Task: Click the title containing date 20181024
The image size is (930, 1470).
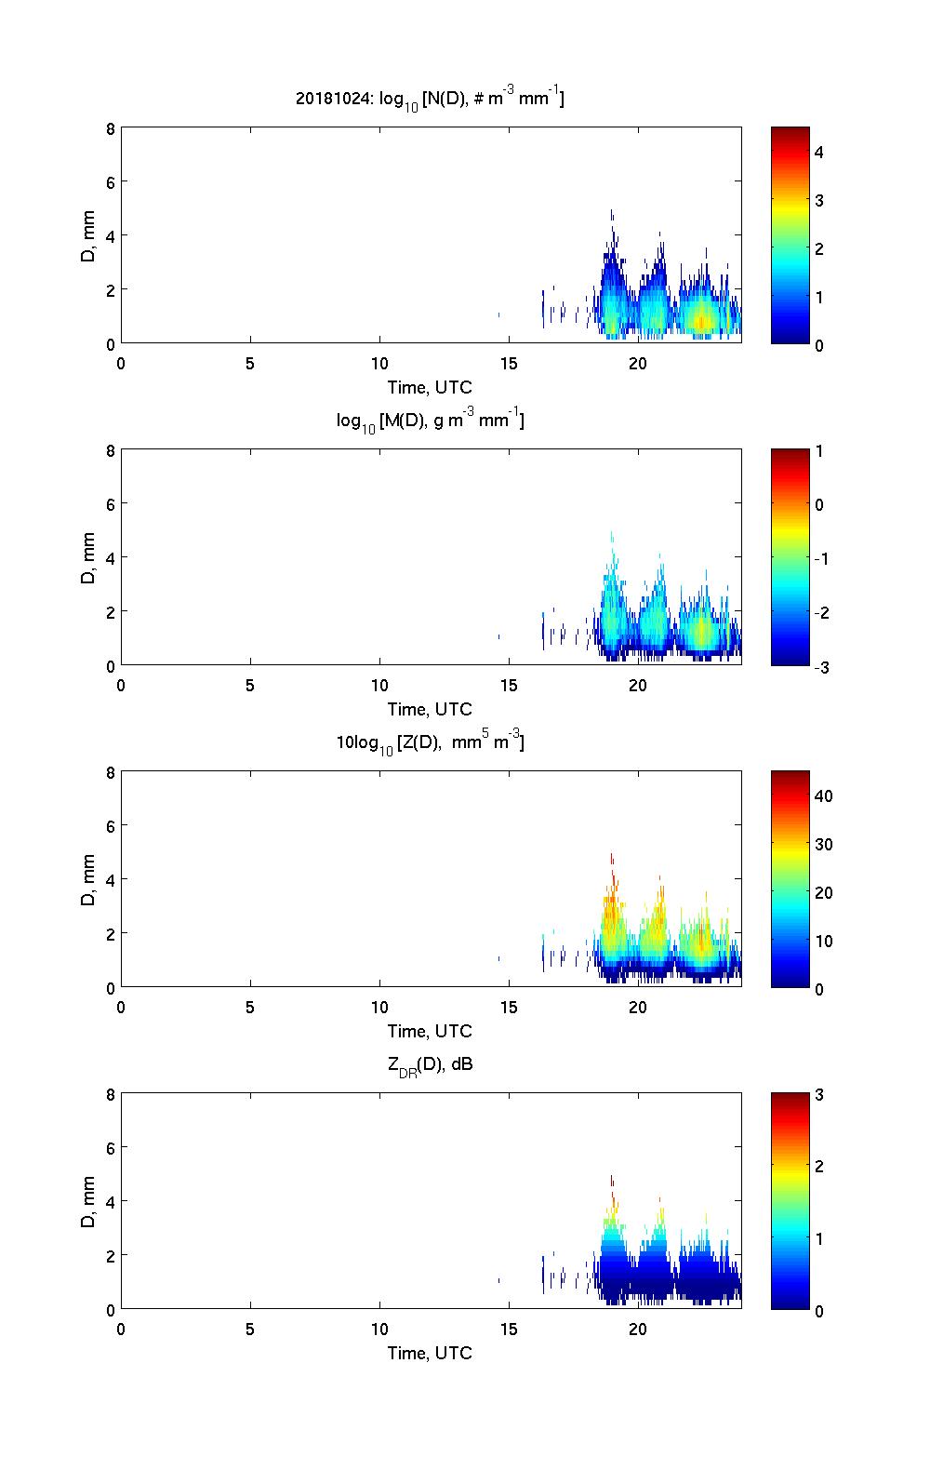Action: click(430, 98)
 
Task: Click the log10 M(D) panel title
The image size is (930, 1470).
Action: click(430, 421)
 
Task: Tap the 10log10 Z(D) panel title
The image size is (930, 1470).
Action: click(430, 742)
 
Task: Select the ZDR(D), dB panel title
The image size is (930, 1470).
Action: click(430, 1064)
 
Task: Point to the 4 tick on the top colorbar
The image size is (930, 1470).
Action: click(819, 152)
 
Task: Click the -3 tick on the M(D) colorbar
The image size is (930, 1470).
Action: click(819, 666)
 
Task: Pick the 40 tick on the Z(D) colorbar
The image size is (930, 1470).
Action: click(823, 796)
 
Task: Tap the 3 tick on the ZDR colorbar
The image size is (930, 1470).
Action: click(819, 1095)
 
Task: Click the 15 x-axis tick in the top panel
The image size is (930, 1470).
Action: click(509, 363)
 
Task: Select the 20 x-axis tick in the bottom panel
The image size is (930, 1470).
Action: click(638, 1329)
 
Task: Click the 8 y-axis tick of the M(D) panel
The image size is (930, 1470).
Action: click(110, 450)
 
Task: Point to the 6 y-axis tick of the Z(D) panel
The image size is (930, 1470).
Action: click(110, 826)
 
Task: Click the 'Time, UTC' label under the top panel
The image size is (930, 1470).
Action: click(430, 387)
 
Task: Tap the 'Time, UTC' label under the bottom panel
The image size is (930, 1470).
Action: click(430, 1353)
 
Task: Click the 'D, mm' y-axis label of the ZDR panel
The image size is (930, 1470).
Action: click(89, 1201)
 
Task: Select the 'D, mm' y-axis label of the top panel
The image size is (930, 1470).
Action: click(89, 235)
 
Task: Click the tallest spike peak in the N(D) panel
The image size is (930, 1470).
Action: click(612, 212)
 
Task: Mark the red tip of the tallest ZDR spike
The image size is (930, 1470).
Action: click(612, 1180)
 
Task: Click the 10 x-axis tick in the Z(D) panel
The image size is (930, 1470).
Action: click(379, 1007)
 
